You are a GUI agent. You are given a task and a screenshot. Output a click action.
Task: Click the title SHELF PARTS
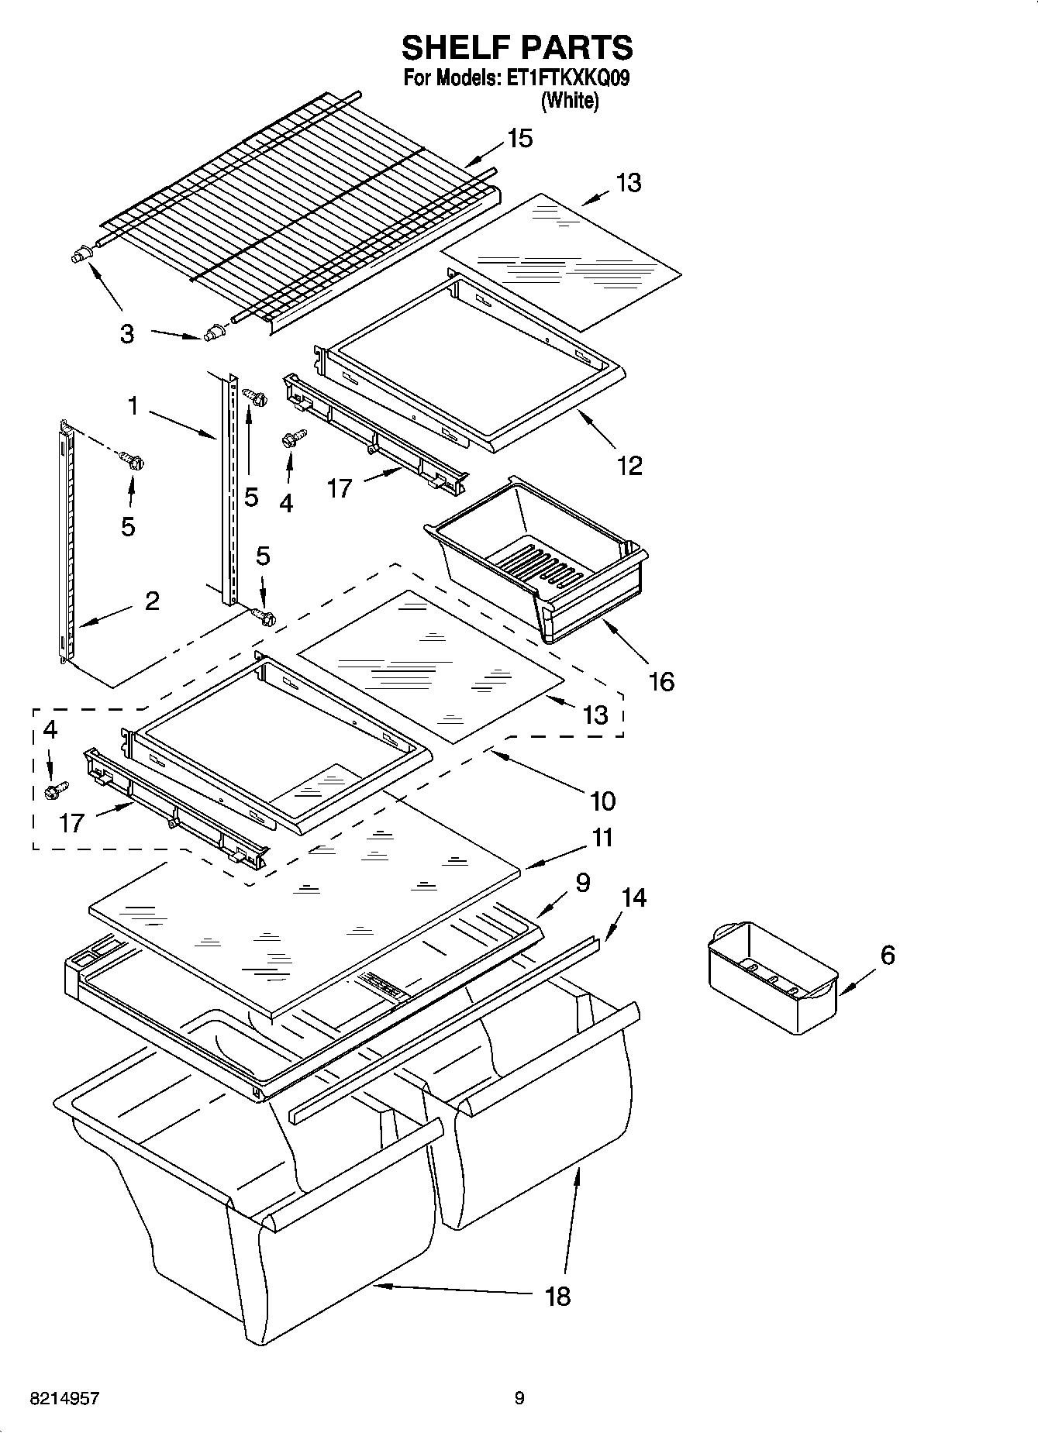click(x=517, y=48)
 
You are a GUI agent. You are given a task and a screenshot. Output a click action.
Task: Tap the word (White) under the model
click(x=570, y=101)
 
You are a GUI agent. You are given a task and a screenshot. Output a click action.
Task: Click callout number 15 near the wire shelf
click(x=519, y=139)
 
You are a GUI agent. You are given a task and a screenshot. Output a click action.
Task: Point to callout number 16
click(x=661, y=681)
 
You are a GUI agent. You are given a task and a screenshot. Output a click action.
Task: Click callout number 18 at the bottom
click(x=557, y=1296)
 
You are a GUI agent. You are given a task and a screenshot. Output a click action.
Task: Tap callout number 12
click(x=629, y=466)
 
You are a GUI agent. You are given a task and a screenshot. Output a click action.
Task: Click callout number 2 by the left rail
click(x=152, y=601)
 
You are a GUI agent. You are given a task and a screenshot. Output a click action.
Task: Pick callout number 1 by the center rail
click(x=133, y=405)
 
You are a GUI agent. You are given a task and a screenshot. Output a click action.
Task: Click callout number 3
click(x=127, y=335)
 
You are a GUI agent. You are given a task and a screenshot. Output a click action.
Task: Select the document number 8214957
click(x=64, y=1399)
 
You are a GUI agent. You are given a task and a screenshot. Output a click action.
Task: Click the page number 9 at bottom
click(x=519, y=1398)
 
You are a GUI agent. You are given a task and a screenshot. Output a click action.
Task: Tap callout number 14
click(x=633, y=897)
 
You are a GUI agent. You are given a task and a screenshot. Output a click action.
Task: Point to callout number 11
click(x=602, y=838)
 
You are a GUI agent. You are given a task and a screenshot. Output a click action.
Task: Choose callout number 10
click(x=602, y=800)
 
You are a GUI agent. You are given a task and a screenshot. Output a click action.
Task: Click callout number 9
click(x=582, y=882)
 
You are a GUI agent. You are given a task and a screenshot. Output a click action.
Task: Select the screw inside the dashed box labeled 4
click(x=55, y=791)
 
